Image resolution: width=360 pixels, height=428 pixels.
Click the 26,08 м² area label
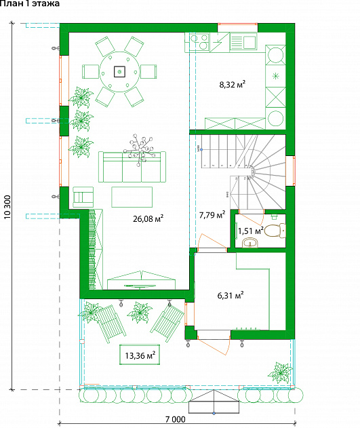(148, 218)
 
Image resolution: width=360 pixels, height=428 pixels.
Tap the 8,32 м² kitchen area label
(232, 84)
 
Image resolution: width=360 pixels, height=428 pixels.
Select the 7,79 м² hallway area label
(212, 215)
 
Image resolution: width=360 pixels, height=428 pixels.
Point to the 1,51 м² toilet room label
(251, 231)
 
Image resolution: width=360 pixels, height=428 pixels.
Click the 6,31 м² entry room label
(231, 295)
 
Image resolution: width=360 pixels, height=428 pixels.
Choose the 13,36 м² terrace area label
(140, 355)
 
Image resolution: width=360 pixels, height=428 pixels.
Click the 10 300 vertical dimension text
(7, 207)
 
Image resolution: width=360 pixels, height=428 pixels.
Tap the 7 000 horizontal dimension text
(176, 419)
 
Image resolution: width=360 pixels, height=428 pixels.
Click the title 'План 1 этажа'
(29, 3)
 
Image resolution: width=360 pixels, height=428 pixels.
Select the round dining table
(119, 72)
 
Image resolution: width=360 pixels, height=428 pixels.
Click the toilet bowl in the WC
(275, 231)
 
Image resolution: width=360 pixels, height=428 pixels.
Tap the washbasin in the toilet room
(249, 243)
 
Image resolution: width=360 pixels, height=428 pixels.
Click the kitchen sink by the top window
(243, 41)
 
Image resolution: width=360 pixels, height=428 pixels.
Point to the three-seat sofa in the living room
(132, 167)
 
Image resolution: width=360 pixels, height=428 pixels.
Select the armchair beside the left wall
(83, 197)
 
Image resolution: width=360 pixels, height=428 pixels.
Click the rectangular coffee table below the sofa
(132, 197)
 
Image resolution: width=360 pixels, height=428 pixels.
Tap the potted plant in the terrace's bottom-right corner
(280, 373)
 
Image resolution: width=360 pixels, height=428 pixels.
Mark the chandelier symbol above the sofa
(139, 150)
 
